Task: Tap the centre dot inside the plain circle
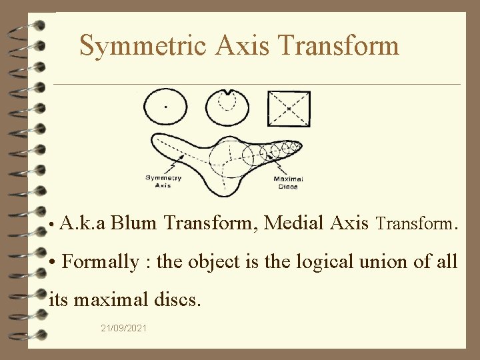(x=166, y=107)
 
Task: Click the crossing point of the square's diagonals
(x=289, y=107)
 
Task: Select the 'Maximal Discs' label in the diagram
(x=288, y=182)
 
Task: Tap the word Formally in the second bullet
(x=101, y=261)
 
